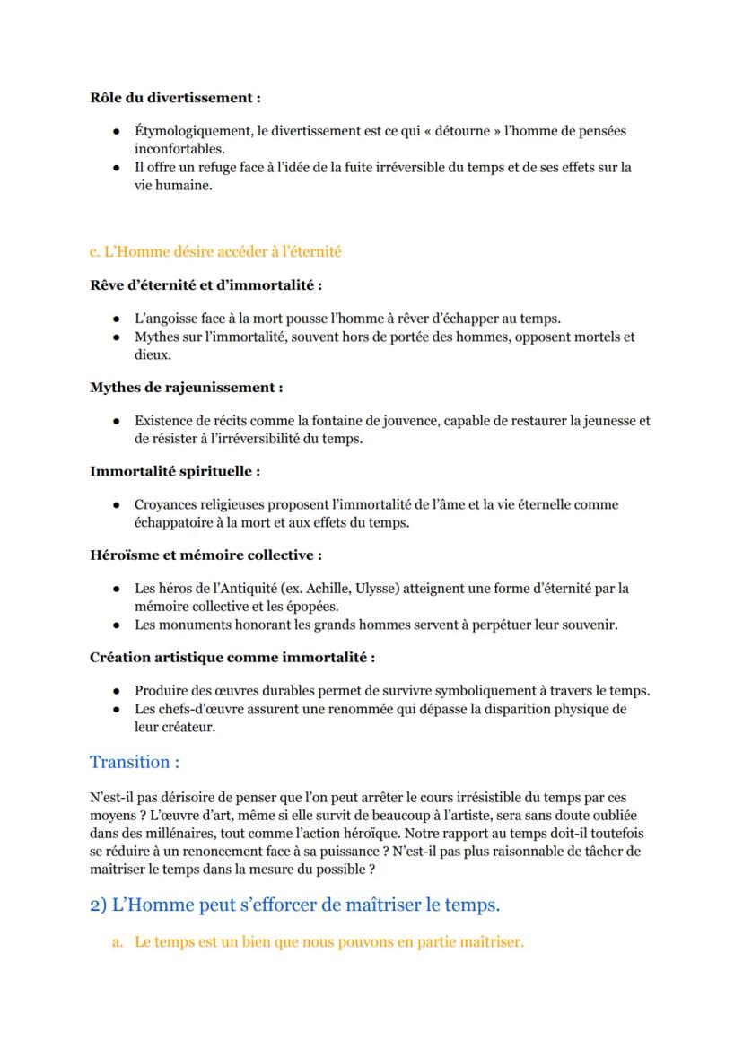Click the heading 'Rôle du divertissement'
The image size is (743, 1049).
click(175, 98)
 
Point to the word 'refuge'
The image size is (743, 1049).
click(214, 168)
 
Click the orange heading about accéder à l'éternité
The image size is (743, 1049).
click(215, 252)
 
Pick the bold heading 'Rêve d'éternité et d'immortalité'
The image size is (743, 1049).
click(205, 285)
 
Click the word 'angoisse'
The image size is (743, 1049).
click(172, 319)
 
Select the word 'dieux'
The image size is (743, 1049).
click(152, 354)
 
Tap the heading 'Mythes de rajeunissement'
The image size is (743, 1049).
click(186, 388)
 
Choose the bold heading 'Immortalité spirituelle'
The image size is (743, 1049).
click(175, 471)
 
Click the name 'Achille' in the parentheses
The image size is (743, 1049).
click(327, 589)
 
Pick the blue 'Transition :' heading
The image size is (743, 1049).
click(135, 763)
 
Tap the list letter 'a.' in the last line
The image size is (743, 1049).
click(118, 944)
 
